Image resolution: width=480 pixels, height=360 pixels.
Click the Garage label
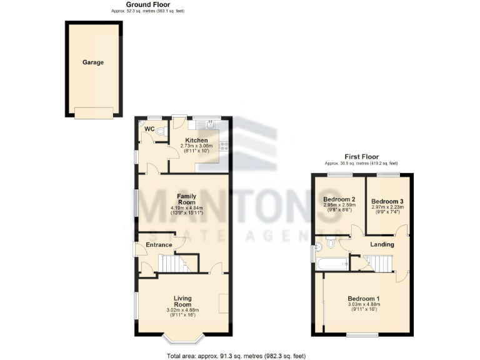93,62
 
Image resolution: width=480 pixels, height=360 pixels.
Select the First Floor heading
362,157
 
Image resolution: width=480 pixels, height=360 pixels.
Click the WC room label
149,129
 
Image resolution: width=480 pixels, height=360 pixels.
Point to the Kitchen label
196,141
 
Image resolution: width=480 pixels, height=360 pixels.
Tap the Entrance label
159,244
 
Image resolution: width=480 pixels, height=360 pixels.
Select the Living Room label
183,301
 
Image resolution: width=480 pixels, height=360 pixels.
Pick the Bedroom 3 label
387,201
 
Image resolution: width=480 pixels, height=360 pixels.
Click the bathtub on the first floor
332,264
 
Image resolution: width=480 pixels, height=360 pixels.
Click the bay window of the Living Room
182,340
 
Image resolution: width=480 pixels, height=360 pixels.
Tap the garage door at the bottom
94,112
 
